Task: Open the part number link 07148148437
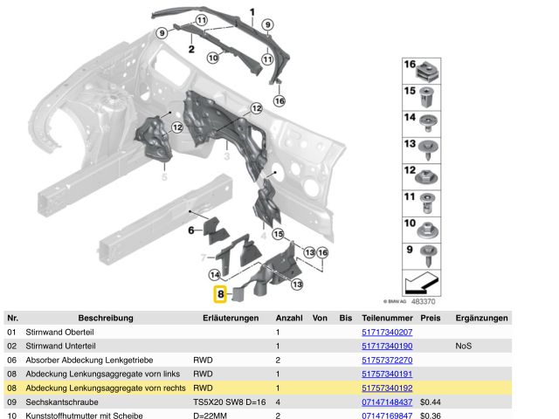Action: [387, 402]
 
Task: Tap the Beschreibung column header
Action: [105, 318]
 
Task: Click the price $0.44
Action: [430, 402]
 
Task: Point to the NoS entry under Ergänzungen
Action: [463, 347]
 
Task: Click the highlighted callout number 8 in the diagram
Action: [221, 295]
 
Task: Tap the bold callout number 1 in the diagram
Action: [252, 12]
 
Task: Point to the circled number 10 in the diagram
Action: [212, 58]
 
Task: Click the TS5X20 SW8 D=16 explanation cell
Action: [229, 402]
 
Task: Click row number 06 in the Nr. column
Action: [12, 361]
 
